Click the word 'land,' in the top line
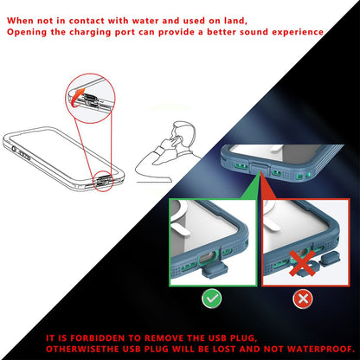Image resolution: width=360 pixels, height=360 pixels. pyautogui.click(x=233, y=18)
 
